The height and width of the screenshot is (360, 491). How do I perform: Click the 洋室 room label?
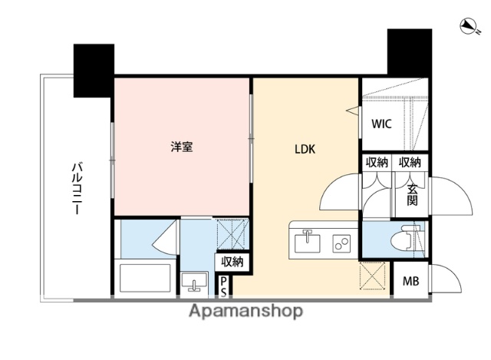(181, 147)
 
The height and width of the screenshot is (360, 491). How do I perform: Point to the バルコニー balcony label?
(77, 189)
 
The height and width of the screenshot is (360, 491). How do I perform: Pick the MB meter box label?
(410, 282)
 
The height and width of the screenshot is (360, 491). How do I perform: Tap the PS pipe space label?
(223, 287)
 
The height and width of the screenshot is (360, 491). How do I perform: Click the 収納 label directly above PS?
(232, 262)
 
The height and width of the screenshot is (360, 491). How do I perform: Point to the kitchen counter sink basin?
(308, 243)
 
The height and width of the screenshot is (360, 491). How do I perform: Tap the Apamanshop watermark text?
(245, 311)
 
